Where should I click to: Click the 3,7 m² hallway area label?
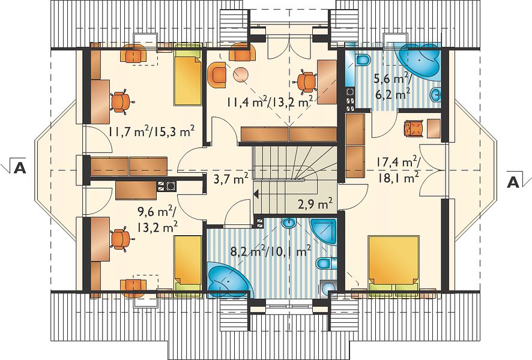[231, 178]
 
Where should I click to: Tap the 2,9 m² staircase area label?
[315, 205]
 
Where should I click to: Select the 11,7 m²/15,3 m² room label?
[152, 131]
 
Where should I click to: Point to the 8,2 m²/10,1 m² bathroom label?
[271, 251]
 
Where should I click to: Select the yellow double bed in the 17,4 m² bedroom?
[393, 263]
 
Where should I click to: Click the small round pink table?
[241, 74]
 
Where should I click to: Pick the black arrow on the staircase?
[256, 194]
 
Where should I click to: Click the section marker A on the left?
[20, 167]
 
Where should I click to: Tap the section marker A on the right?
[513, 183]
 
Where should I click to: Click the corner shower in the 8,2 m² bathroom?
[323, 231]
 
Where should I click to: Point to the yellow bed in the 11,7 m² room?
[188, 77]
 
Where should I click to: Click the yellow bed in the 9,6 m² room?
[187, 263]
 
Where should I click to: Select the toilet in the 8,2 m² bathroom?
[327, 263]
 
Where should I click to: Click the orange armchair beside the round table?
[217, 74]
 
